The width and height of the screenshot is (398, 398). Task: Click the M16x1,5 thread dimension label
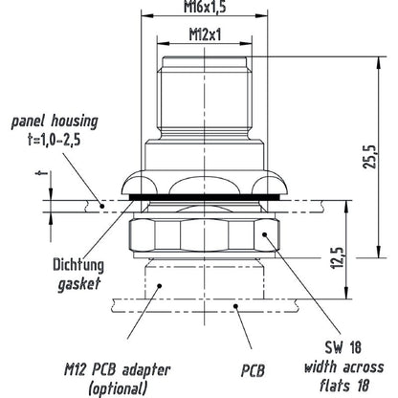pyautogui.click(x=205, y=7)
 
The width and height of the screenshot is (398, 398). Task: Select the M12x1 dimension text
pyautogui.click(x=205, y=34)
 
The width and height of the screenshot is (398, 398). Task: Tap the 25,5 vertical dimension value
pyautogui.click(x=370, y=157)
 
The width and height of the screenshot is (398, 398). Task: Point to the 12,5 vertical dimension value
pyautogui.click(x=339, y=257)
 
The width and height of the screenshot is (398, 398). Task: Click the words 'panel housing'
pyautogui.click(x=55, y=122)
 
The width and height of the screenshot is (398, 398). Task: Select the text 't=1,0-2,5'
pyautogui.click(x=54, y=140)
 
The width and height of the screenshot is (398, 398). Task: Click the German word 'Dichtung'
pyautogui.click(x=78, y=265)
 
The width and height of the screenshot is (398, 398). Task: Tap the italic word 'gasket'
pyautogui.click(x=79, y=283)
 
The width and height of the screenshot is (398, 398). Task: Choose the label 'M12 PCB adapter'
pyautogui.click(x=118, y=370)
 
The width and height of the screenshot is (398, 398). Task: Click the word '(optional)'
pyautogui.click(x=119, y=387)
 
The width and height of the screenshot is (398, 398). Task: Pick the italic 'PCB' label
pyautogui.click(x=253, y=371)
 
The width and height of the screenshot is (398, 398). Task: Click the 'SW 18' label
pyautogui.click(x=343, y=347)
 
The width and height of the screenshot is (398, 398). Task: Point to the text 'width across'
pyautogui.click(x=343, y=367)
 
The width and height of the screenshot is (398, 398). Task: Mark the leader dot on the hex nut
pyautogui.click(x=264, y=234)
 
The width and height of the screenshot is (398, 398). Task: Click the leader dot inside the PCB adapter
pyautogui.click(x=160, y=285)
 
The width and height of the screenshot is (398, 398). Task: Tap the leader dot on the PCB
pyautogui.click(x=235, y=306)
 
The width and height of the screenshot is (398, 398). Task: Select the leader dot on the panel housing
pyautogui.click(x=102, y=206)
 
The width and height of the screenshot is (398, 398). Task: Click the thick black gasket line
pyautogui.click(x=205, y=198)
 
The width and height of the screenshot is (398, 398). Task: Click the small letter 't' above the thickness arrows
pyautogui.click(x=41, y=174)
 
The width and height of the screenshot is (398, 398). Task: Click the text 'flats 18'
pyautogui.click(x=344, y=386)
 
